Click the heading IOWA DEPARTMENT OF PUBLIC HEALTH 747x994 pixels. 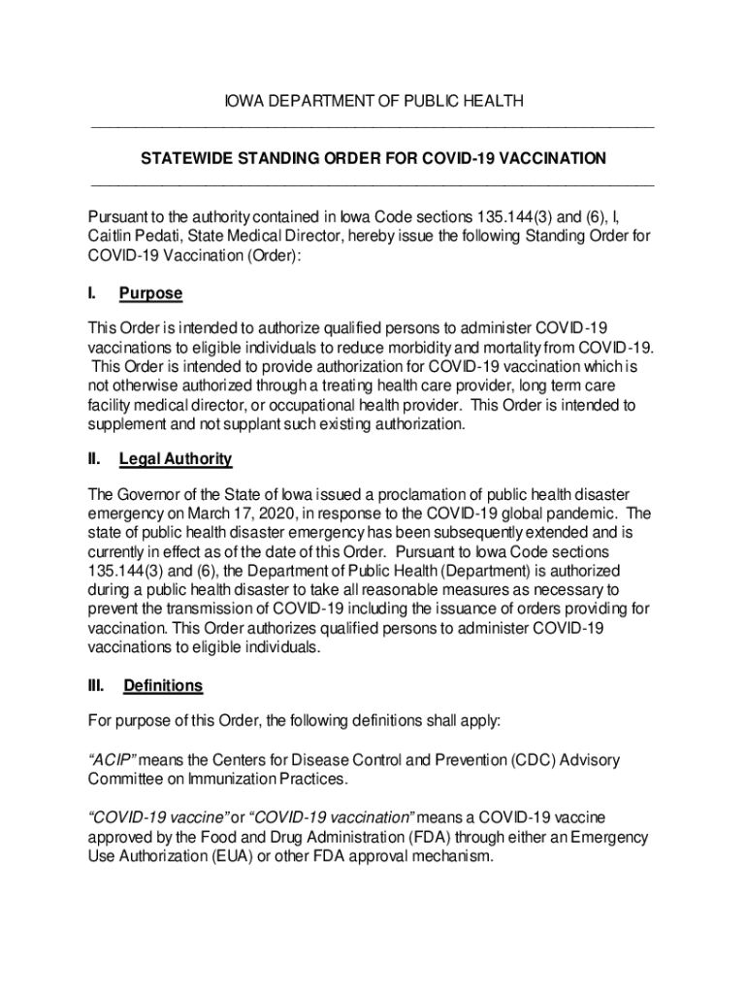point(373,101)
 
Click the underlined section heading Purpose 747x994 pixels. point(150,293)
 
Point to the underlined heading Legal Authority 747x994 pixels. point(175,458)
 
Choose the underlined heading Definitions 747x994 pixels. point(162,685)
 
